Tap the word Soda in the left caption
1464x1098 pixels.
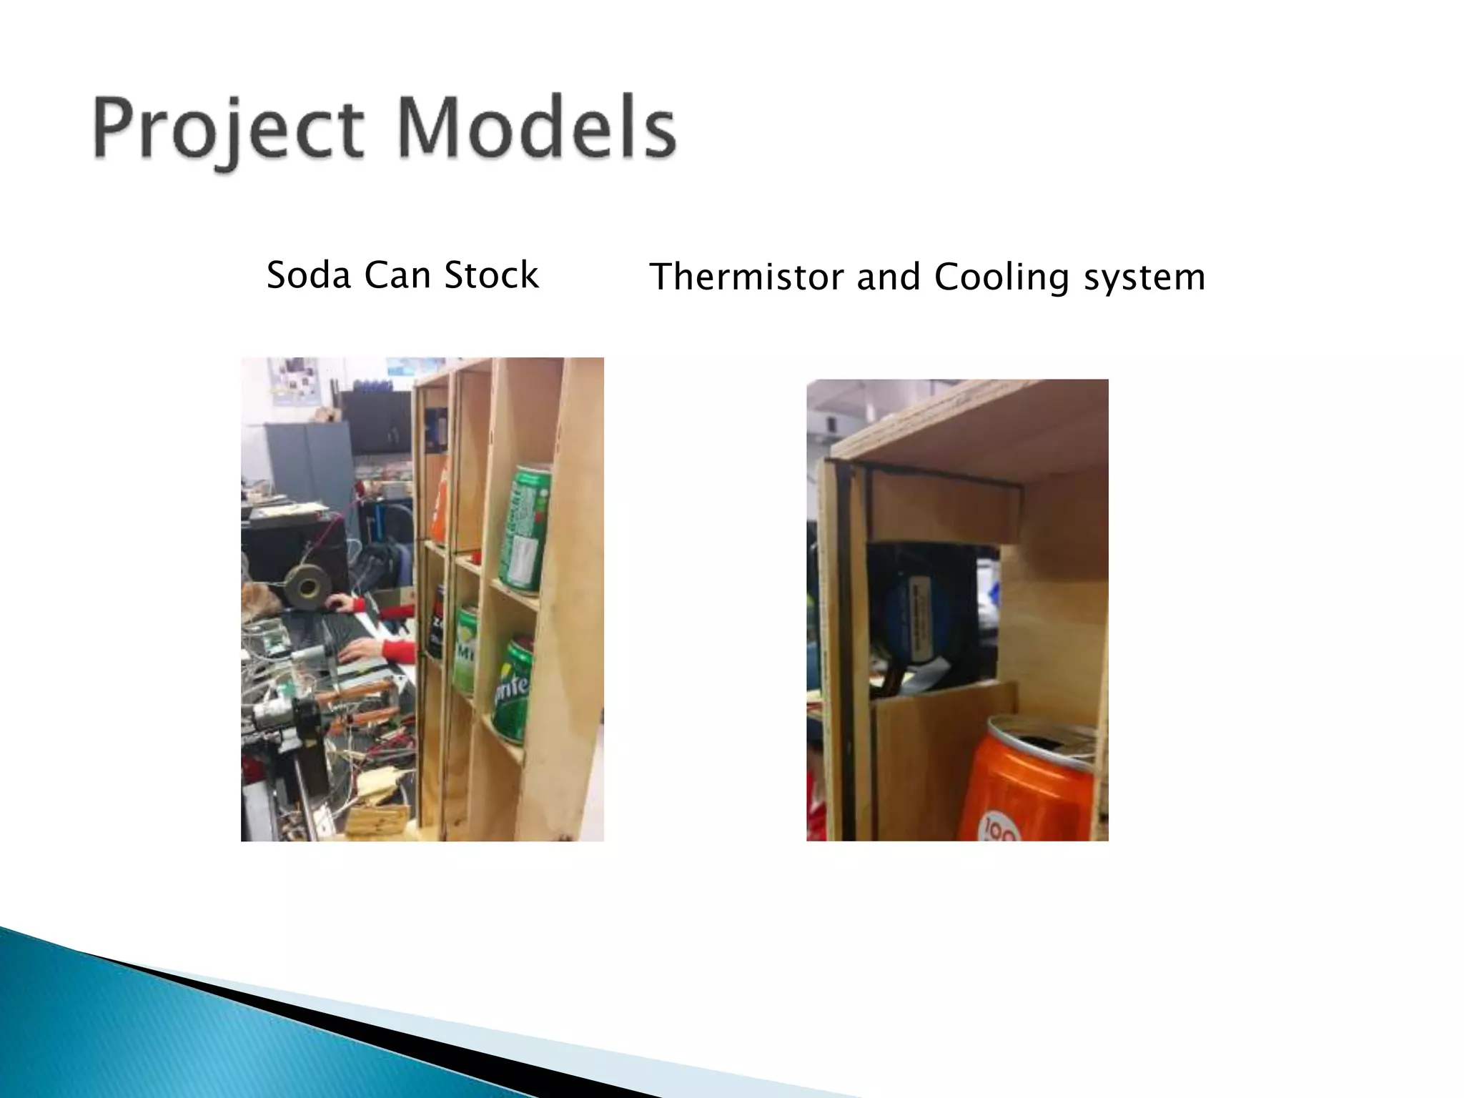pos(308,275)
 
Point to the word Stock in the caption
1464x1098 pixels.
pos(491,275)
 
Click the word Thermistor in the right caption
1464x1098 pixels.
pos(746,277)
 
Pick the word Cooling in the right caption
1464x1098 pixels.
pos(1001,277)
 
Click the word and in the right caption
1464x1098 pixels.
pos(889,277)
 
